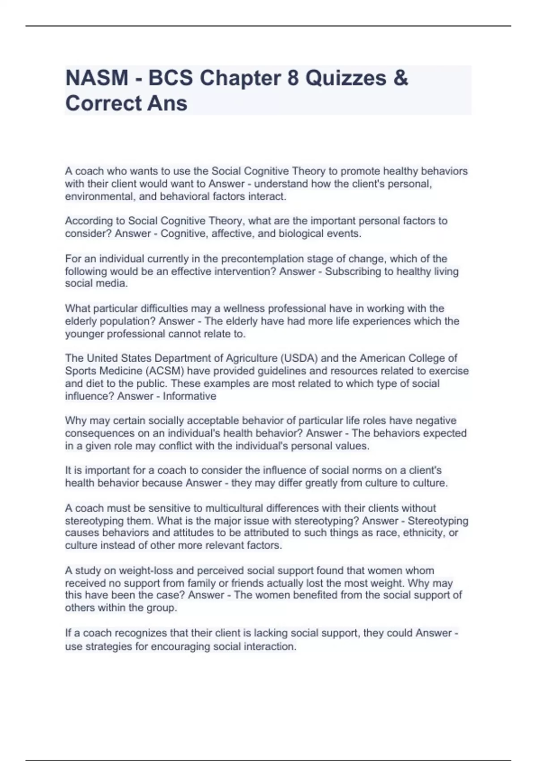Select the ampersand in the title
click(401, 78)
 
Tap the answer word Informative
click(189, 396)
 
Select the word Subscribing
click(353, 271)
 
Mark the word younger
click(84, 334)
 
